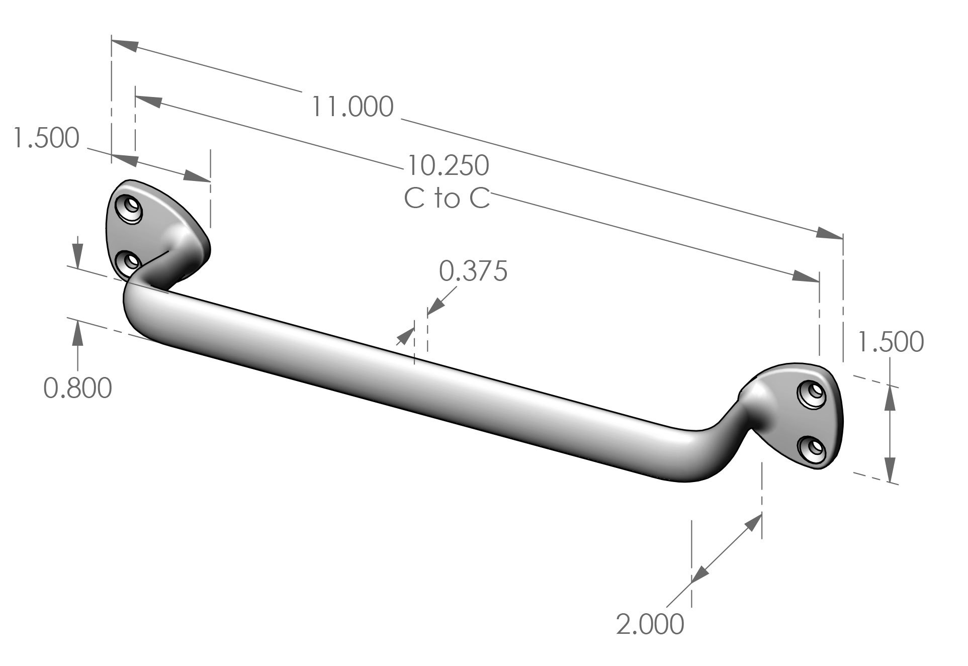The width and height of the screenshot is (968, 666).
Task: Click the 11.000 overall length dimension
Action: (352, 107)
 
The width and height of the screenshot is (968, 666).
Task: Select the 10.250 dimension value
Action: (448, 165)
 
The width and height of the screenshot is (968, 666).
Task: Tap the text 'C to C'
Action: (447, 199)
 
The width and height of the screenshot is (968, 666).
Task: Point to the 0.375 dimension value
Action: (473, 271)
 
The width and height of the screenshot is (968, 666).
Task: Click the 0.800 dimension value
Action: (77, 388)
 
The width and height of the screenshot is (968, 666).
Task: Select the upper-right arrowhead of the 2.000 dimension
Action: (752, 523)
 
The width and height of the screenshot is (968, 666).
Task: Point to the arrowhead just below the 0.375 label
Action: (435, 306)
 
